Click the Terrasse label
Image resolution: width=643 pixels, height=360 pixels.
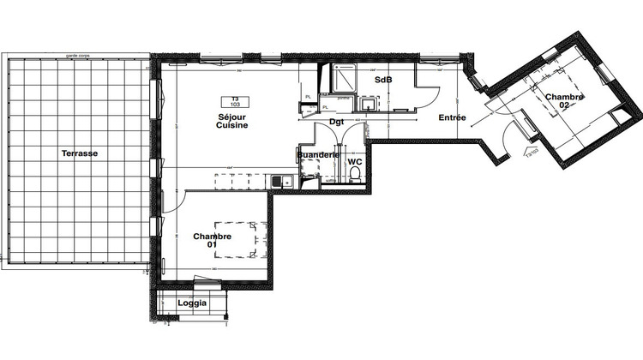[79, 153]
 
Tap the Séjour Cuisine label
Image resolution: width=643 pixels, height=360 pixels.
[232, 121]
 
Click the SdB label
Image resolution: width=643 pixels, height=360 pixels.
[383, 80]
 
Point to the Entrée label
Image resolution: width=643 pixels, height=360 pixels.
[453, 117]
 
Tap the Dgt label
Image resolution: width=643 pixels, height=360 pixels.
[337, 121]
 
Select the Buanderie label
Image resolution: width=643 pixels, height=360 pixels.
[318, 154]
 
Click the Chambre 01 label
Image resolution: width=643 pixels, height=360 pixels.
[210, 240]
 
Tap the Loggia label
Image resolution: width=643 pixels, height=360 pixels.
[192, 303]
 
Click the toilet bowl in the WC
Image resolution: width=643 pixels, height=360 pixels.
[355, 174]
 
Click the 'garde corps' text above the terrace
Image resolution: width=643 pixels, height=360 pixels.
[78, 55]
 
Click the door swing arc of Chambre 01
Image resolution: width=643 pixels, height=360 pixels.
[173, 204]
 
